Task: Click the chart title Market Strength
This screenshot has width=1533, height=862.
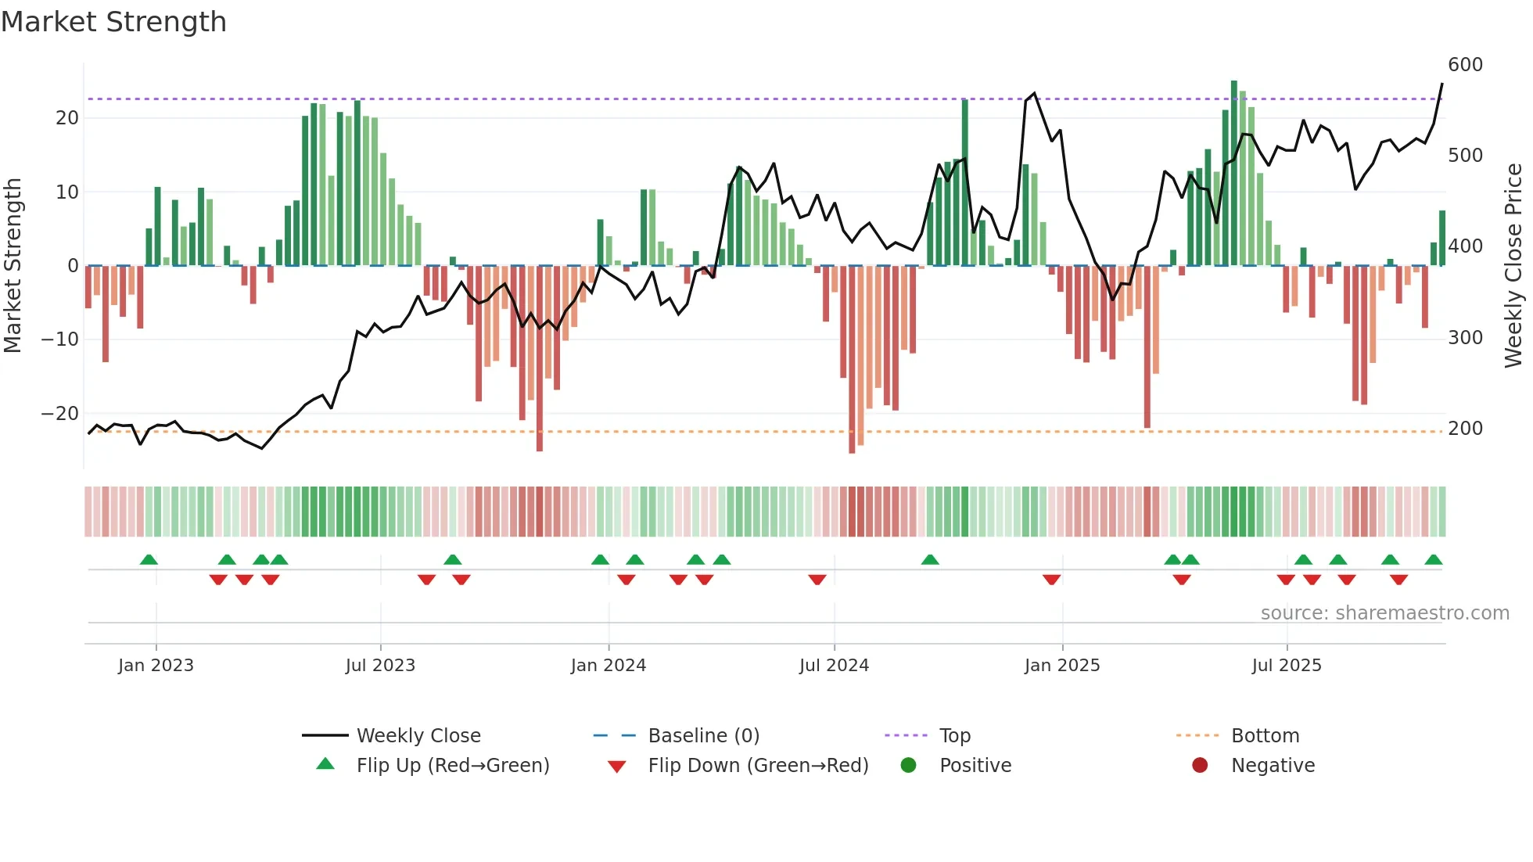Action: [113, 22]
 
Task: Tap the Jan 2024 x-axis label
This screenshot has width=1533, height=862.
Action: [608, 666]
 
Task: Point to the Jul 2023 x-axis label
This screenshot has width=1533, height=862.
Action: [380, 666]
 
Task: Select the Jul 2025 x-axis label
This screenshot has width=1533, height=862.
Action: [1286, 666]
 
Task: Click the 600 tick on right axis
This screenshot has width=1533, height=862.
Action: [1465, 65]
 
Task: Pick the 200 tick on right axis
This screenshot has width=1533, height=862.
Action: [1465, 429]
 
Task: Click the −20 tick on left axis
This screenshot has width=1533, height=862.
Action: [59, 414]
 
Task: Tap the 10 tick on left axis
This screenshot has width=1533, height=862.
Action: [67, 192]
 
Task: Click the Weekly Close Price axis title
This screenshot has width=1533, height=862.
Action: [1513, 266]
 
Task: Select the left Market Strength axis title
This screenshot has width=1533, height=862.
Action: [13, 266]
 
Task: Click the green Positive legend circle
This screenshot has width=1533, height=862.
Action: [908, 766]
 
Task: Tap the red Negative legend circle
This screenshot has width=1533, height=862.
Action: [1200, 766]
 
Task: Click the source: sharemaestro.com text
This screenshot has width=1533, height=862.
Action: [1384, 613]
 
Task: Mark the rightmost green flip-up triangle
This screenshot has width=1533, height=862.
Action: [1433, 560]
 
